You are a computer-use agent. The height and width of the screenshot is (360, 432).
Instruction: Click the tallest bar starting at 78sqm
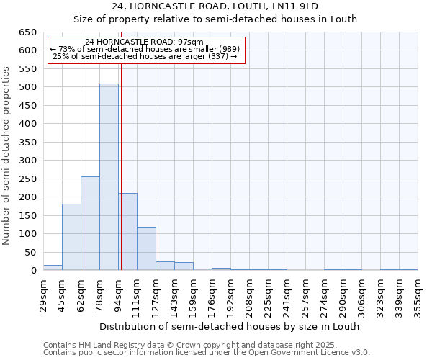109,177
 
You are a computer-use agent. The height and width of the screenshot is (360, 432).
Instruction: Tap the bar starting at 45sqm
71,237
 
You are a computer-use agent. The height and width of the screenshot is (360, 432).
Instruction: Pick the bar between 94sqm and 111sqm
128,232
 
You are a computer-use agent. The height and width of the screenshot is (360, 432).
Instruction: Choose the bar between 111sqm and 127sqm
146,248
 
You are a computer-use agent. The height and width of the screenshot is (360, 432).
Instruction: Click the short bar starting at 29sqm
53,268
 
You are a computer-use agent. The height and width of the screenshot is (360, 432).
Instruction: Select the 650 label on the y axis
27,32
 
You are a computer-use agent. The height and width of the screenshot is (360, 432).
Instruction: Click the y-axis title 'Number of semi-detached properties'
7,156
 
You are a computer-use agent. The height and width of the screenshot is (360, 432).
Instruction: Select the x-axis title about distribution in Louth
230,326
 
